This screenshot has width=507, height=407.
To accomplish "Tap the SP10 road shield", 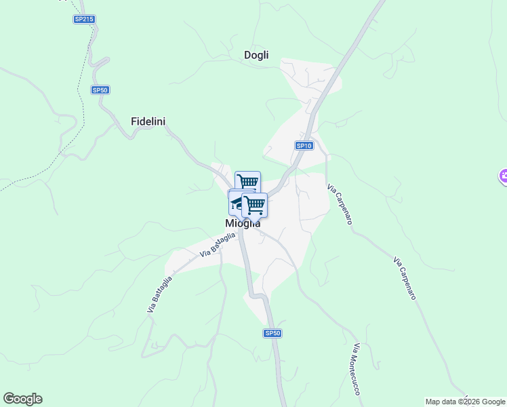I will click(304, 146).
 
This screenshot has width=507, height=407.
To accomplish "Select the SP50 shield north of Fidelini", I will click(100, 90).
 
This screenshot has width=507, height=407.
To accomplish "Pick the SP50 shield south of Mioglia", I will click(272, 333).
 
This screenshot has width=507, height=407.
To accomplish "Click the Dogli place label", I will click(256, 55).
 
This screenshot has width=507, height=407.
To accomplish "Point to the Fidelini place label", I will click(148, 121).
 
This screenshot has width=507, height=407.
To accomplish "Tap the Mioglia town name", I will click(242, 223).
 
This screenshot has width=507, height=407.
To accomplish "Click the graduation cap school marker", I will click(237, 201).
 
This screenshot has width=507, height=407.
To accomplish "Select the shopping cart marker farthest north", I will click(247, 182).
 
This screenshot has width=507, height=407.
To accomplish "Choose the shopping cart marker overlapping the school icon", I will click(256, 203).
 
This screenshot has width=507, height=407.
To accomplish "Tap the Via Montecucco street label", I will click(355, 369).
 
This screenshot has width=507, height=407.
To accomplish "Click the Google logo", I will click(22, 399).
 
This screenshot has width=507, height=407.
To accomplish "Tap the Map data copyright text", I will click(465, 402).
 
